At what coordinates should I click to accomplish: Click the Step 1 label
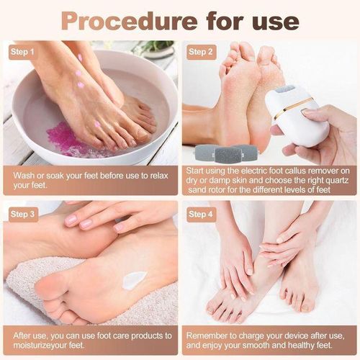22,52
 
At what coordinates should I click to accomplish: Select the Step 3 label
22,214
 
